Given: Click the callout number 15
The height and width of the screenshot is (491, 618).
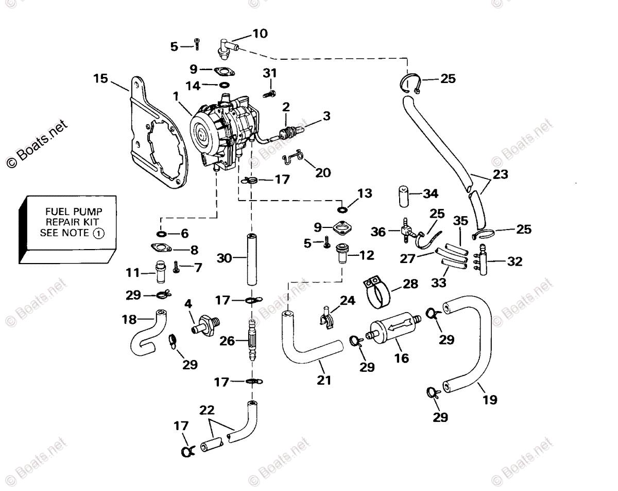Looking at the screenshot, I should point(101,78).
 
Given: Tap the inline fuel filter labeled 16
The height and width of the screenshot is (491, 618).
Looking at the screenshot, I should point(394,330).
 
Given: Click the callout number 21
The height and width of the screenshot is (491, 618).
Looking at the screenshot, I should point(324,380).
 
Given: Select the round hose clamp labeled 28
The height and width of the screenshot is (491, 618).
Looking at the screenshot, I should point(378,293).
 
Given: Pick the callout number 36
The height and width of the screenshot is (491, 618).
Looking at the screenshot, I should point(379,232).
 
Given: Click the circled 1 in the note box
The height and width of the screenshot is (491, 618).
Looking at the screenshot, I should point(98,233).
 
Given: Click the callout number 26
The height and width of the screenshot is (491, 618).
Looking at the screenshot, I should point(228,341).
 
